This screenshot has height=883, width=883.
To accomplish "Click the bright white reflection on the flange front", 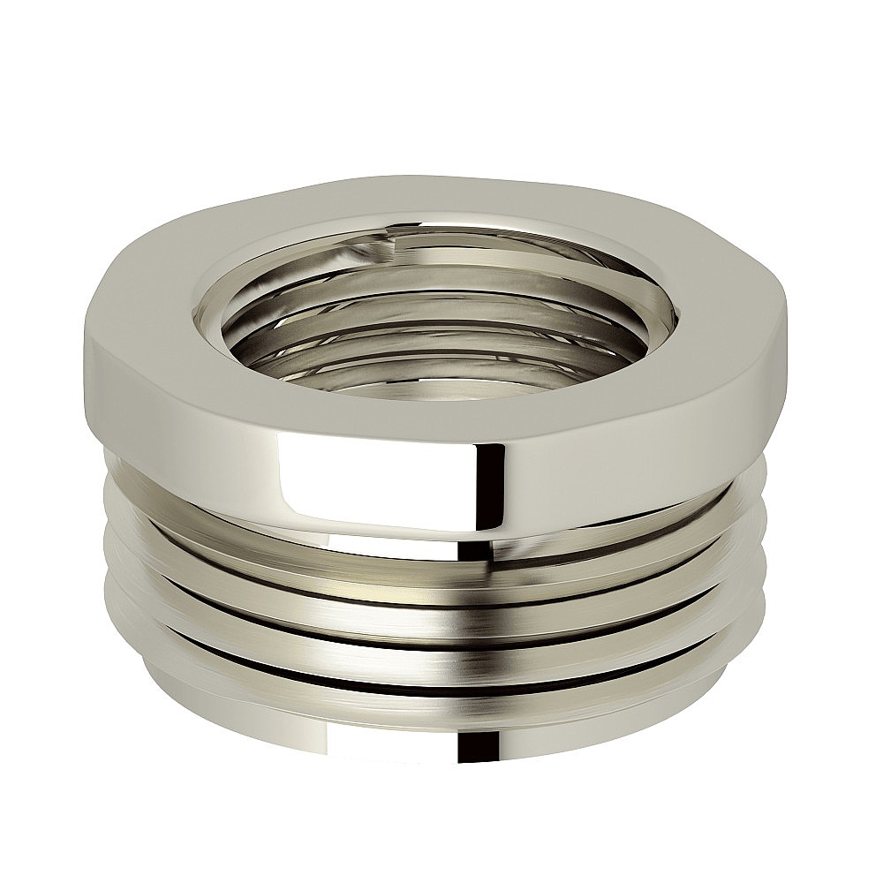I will click(x=371, y=481).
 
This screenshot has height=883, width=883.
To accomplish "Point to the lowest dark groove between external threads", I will click(x=441, y=689).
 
